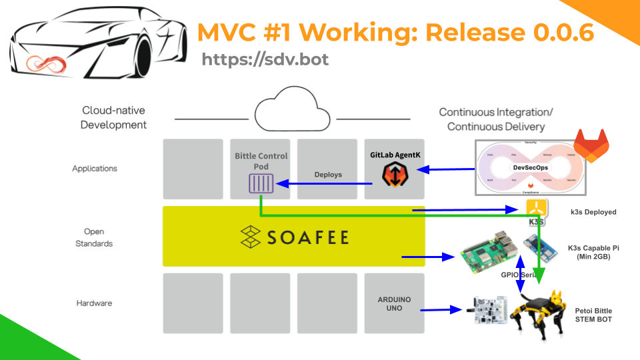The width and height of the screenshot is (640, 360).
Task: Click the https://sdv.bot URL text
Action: click(265, 59)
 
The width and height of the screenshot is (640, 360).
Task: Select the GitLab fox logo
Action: click(591, 146)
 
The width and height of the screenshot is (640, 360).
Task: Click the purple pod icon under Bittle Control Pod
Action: click(261, 183)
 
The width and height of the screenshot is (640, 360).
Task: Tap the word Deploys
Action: click(327, 175)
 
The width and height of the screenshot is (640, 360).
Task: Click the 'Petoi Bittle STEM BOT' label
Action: click(593, 315)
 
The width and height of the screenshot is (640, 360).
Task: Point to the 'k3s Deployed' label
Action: click(593, 212)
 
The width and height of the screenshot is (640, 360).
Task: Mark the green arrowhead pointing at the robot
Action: click(541, 274)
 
